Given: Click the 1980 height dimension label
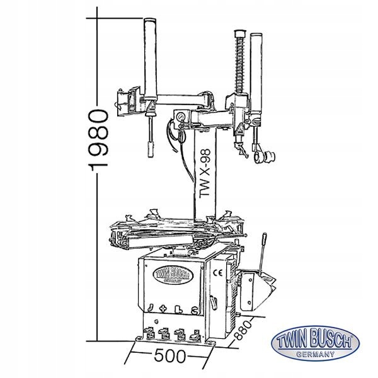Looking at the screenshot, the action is coord(98,140).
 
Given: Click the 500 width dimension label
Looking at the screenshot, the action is coord(170,356).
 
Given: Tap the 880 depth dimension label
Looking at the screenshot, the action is coord(243,329).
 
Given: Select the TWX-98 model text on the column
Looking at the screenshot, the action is coord(205,174).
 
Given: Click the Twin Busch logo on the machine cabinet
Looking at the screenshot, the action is coord(173,275).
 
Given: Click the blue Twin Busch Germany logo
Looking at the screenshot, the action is coord(315,344).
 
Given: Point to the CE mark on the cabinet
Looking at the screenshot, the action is coord(218,273).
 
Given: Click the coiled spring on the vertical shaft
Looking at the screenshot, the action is coord(239,64).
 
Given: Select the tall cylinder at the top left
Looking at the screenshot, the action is coord(150,59).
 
